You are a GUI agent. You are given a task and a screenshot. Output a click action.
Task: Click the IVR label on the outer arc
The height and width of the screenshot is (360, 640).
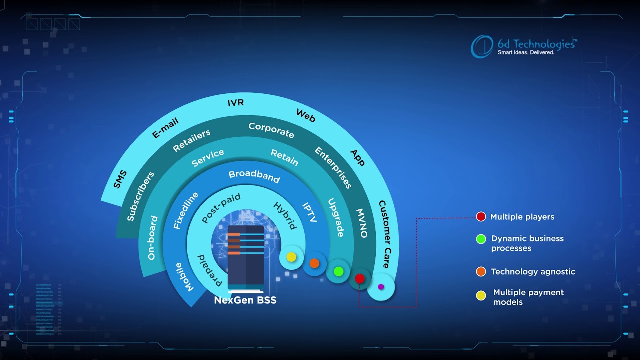(x=235, y=103)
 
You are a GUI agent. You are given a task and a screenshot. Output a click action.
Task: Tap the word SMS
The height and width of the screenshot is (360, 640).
(x=120, y=179)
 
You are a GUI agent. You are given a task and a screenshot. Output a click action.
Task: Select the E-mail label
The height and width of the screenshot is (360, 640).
(x=165, y=128)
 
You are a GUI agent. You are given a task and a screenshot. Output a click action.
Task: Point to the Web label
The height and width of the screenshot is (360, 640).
(x=306, y=115)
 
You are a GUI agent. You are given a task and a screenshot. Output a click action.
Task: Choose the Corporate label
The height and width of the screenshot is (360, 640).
(x=271, y=130)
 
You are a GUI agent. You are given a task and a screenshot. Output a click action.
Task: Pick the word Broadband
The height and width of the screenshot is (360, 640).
(x=254, y=176)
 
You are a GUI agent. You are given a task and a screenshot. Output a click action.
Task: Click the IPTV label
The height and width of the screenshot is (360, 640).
(x=310, y=212)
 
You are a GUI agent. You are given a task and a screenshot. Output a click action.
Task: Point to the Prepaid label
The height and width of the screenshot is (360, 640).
(x=210, y=270)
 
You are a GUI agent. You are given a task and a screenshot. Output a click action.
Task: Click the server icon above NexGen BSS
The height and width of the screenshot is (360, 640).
(x=245, y=258)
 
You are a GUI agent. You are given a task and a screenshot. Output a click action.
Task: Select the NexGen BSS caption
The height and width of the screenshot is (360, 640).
(x=245, y=300)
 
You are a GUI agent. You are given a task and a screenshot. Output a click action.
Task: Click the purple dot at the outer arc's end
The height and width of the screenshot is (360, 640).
(x=381, y=287)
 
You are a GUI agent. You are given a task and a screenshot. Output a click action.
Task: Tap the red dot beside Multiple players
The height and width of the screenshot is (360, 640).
(x=481, y=217)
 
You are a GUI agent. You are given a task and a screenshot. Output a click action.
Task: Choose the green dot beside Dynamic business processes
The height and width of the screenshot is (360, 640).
(x=481, y=239)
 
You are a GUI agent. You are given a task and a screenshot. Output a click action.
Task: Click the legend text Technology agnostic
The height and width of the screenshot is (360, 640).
(x=533, y=272)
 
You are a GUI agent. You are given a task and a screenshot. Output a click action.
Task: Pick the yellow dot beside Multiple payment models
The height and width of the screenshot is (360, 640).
(x=481, y=296)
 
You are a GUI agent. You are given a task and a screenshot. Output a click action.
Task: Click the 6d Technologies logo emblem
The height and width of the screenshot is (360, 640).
(x=482, y=46)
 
